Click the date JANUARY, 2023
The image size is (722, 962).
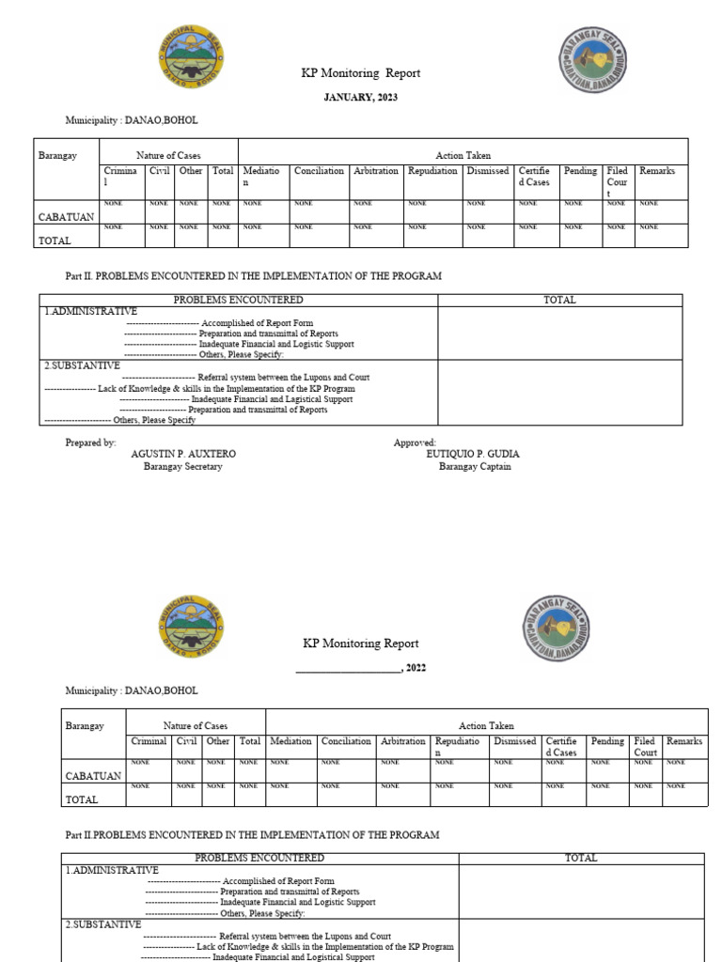tap(361, 97)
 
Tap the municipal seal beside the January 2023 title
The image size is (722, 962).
tap(191, 56)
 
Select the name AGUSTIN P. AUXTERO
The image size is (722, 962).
tap(183, 454)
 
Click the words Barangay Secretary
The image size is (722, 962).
tap(183, 466)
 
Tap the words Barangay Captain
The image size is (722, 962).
tap(475, 466)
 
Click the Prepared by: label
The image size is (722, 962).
tap(90, 442)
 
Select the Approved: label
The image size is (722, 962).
tap(415, 442)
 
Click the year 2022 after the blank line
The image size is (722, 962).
tap(416, 668)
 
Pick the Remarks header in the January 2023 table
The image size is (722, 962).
tap(657, 171)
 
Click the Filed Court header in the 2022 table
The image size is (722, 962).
tap(645, 747)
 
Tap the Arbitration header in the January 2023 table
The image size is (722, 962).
tap(376, 171)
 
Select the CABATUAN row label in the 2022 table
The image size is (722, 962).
tap(92, 776)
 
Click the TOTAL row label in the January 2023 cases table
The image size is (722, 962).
tap(54, 240)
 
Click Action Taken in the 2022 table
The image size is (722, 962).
tap(486, 725)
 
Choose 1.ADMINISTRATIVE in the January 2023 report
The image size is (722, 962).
tap(90, 311)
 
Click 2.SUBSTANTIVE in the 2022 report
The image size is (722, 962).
tap(103, 924)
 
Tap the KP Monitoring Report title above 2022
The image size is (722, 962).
tap(360, 644)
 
